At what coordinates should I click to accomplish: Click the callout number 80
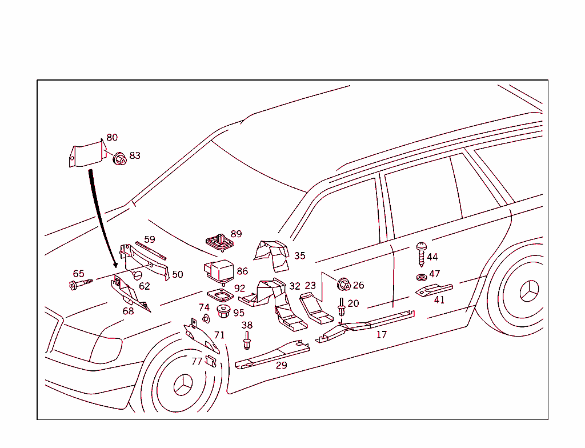(112, 138)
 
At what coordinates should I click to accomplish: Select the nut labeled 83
(119, 159)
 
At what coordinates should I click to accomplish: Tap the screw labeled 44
(421, 254)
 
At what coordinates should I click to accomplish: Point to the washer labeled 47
(421, 278)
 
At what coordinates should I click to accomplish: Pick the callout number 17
(381, 334)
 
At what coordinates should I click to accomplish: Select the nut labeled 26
(343, 284)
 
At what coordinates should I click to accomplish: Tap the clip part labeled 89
(218, 242)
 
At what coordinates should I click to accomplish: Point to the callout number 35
(299, 256)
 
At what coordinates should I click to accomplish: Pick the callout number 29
(281, 365)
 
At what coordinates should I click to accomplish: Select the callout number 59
(149, 239)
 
